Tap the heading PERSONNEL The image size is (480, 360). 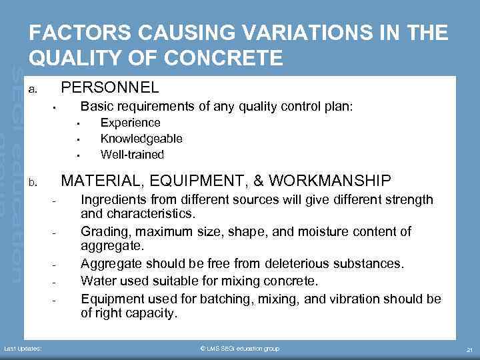tap(110, 87)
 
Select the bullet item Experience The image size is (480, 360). tap(130, 123)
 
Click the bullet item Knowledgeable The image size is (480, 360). tap(141, 139)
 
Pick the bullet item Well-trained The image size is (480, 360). tap(132, 155)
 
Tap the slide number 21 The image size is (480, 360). tap(469, 349)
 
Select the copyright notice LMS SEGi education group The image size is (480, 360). tap(239, 349)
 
